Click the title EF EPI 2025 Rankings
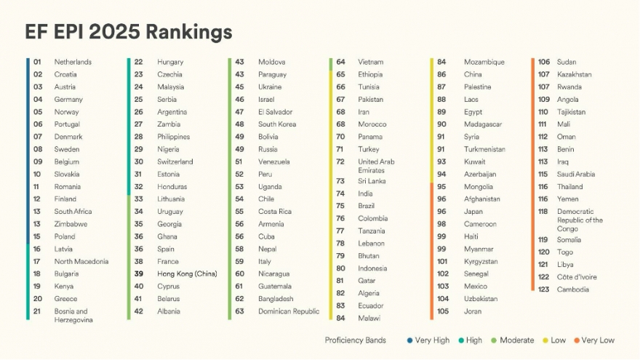pyautogui.click(x=129, y=32)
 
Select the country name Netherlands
pyautogui.click(x=73, y=63)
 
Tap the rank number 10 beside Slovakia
pyautogui.click(x=37, y=175)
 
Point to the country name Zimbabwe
pyautogui.click(x=71, y=224)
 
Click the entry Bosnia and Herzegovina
pyautogui.click(x=71, y=316)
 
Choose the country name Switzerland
pyautogui.click(x=175, y=161)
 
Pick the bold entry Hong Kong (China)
pyautogui.click(x=187, y=274)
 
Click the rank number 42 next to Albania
pyautogui.click(x=138, y=311)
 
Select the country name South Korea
pyautogui.click(x=277, y=124)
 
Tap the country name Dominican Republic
pyautogui.click(x=289, y=311)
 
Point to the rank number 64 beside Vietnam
pyautogui.click(x=340, y=63)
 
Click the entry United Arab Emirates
pyautogui.click(x=376, y=166)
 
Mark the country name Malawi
pyautogui.click(x=369, y=318)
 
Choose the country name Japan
pyautogui.click(x=473, y=212)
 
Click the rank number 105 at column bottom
pyautogui.click(x=443, y=311)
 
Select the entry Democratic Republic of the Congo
pyautogui.click(x=580, y=220)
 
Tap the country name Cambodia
pyautogui.click(x=573, y=289)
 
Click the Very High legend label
pyautogui.click(x=432, y=340)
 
